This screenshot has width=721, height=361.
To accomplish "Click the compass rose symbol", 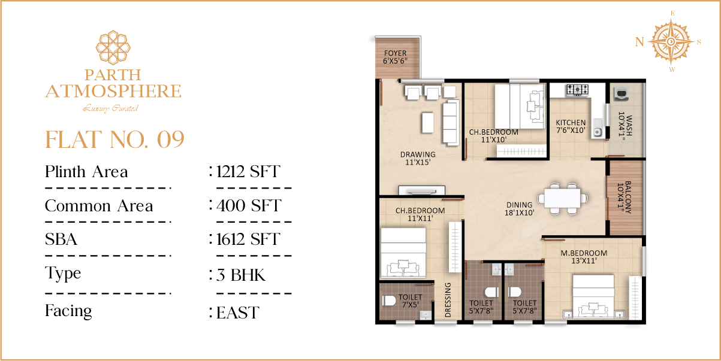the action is (x=671, y=42).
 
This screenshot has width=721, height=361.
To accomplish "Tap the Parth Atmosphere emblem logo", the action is (x=113, y=47).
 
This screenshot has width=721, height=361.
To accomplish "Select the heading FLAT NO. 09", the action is (x=114, y=139).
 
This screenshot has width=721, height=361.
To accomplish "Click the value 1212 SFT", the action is (x=248, y=171).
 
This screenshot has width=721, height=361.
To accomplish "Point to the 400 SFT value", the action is (x=249, y=206).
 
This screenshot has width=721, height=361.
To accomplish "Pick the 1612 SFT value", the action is (x=248, y=239).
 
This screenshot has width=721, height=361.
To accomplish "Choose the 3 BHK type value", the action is (x=241, y=275).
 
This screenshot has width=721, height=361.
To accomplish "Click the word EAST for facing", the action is (x=237, y=313).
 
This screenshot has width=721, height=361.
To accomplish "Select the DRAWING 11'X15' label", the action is (x=418, y=158).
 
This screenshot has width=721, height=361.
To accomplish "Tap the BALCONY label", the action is (x=625, y=198).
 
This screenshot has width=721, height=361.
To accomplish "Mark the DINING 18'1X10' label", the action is (x=520, y=208).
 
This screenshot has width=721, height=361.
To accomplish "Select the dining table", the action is (x=562, y=199).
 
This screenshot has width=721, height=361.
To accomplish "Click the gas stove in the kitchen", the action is (x=578, y=90).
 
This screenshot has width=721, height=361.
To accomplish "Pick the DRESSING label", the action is (x=448, y=300).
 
